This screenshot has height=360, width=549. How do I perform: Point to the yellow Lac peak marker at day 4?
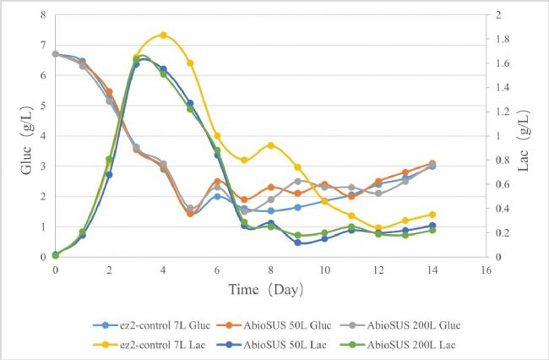pos(163,35)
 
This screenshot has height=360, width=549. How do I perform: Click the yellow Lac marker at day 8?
pos(271,145)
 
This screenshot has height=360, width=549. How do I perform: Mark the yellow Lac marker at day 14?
pos(432,215)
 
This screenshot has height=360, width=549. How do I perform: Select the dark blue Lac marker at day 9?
pos(298,243)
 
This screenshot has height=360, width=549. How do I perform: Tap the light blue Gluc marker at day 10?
pos(325,201)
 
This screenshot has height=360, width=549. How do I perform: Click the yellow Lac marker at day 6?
pos(217,135)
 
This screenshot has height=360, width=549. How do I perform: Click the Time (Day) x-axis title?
pos(268,289)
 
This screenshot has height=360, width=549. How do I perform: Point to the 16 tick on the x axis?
pos(486,270)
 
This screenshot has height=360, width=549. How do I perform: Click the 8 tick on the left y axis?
pos(42,14)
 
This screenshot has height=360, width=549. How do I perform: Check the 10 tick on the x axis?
pos(325,270)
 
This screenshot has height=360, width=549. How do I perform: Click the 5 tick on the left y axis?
pos(42,105)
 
